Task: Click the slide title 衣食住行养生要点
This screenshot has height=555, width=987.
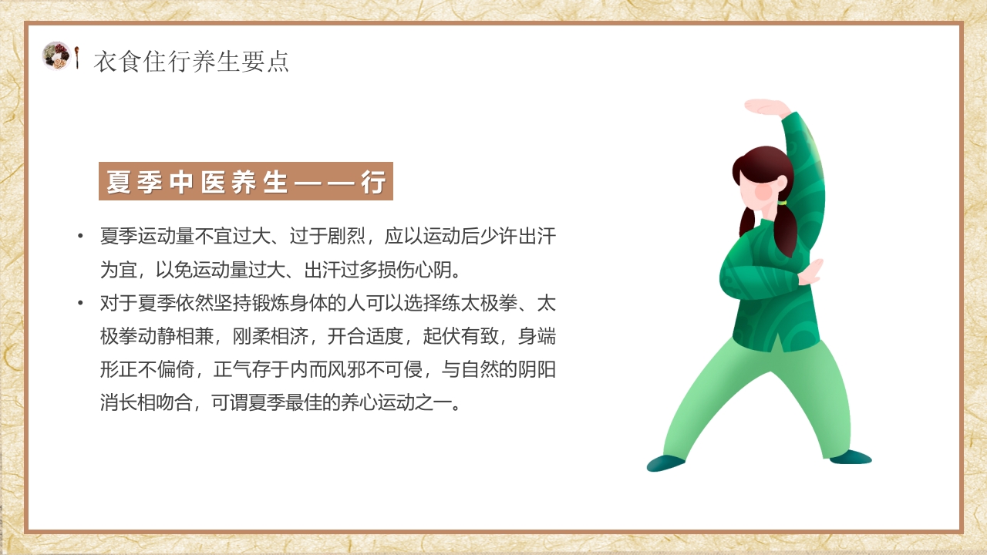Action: tap(191, 61)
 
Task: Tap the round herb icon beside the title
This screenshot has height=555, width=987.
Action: tap(56, 55)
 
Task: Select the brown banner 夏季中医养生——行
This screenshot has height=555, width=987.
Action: tap(245, 182)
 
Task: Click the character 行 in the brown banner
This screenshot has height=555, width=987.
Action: tap(373, 183)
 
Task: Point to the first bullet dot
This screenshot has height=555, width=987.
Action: tap(80, 235)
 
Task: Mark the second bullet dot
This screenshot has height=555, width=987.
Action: tap(80, 302)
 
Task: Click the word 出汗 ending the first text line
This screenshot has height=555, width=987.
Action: tap(537, 236)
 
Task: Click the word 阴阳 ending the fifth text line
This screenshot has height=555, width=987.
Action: tap(537, 370)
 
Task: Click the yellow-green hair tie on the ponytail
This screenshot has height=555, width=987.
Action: tap(782, 203)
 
